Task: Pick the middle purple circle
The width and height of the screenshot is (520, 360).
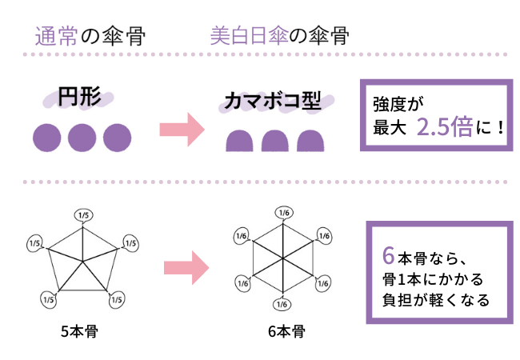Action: point(82,138)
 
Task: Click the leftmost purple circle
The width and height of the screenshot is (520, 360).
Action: point(46,138)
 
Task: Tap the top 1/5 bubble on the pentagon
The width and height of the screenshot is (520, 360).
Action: point(83,214)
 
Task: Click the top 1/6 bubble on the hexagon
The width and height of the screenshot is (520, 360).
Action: point(282,212)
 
